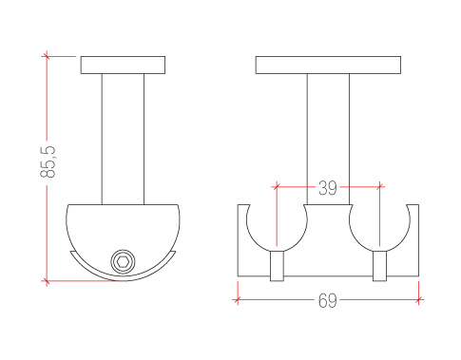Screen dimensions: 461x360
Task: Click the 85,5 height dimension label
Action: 48,161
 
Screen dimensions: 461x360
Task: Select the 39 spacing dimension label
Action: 328,188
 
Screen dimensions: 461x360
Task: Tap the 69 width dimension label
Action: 328,300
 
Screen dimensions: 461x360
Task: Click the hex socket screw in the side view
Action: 123,262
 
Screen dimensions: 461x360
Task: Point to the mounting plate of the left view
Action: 123,66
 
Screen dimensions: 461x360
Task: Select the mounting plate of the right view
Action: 328,66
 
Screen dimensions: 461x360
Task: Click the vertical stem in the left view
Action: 123,140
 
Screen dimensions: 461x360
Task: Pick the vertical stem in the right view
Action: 328,140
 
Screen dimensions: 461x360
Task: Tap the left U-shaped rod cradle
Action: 277,250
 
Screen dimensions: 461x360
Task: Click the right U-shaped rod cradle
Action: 379,250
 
